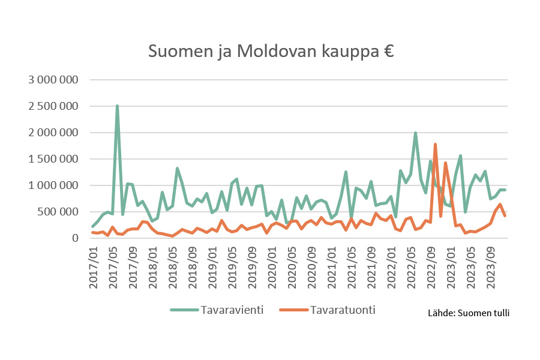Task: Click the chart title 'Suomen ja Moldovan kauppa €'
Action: pyautogui.click(x=271, y=52)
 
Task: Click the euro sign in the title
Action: pyautogui.click(x=388, y=52)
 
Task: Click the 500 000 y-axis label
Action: pyautogui.click(x=59, y=212)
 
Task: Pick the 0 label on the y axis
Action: pyautogui.click(x=76, y=238)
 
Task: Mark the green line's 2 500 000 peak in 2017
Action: pyautogui.click(x=117, y=106)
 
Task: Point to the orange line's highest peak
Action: pyautogui.click(x=435, y=144)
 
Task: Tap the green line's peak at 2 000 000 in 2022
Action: pyautogui.click(x=415, y=133)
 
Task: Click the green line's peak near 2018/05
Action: pyautogui.click(x=177, y=169)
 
